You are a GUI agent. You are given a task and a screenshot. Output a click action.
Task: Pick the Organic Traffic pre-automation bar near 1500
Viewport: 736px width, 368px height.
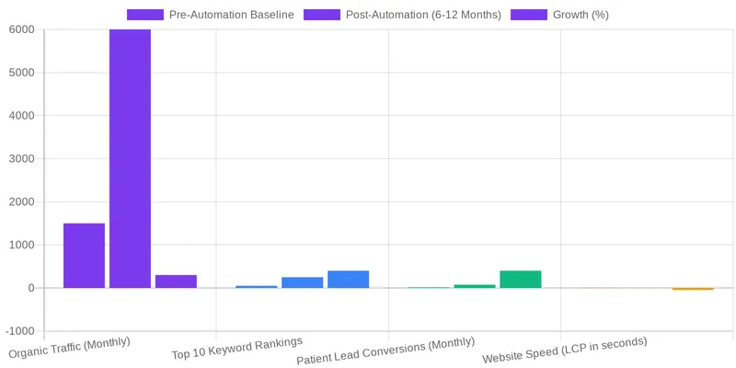pyautogui.click(x=84, y=256)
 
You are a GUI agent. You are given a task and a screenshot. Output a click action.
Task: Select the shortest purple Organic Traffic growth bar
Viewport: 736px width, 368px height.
pyautogui.click(x=176, y=282)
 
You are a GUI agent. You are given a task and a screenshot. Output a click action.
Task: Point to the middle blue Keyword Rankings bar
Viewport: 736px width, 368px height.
pyautogui.click(x=302, y=282)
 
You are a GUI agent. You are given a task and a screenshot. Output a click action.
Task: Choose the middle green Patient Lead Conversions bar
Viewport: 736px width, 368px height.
pyautogui.click(x=474, y=286)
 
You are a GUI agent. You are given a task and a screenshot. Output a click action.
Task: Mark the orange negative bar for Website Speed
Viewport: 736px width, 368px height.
pyautogui.click(x=693, y=289)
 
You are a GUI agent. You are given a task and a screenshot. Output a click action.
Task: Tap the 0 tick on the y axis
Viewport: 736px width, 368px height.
pyautogui.click(x=30, y=288)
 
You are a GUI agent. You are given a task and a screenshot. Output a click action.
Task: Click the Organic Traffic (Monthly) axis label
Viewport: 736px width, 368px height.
pyautogui.click(x=70, y=348)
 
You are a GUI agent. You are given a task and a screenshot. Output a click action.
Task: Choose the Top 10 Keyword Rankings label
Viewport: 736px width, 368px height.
pyautogui.click(x=237, y=348)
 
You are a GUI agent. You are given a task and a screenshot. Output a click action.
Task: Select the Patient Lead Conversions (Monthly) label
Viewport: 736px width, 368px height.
pyautogui.click(x=385, y=352)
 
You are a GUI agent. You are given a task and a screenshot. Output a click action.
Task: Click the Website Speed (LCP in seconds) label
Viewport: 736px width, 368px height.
pyautogui.click(x=565, y=351)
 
